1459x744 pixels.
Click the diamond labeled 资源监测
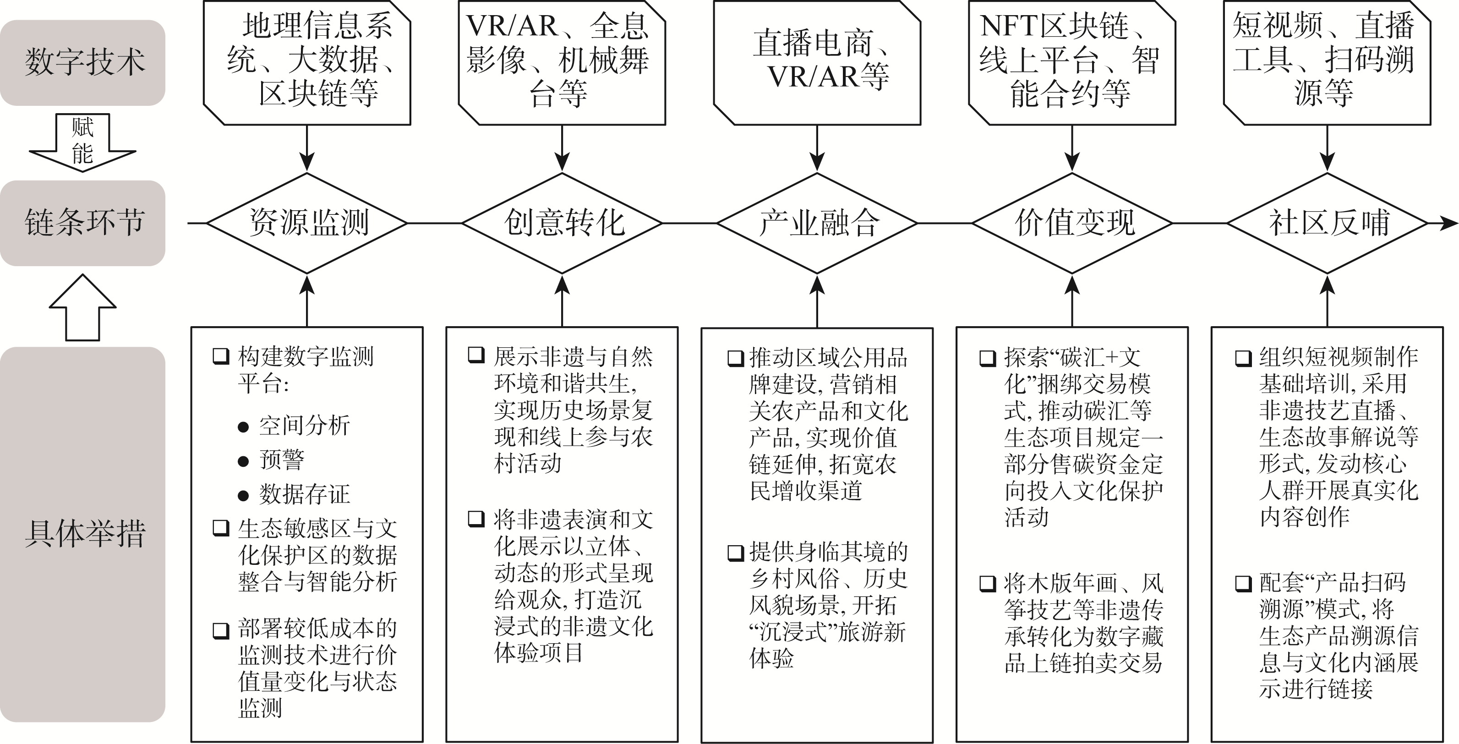click(307, 223)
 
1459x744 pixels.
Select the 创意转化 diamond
click(562, 223)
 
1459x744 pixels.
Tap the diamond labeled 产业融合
click(817, 223)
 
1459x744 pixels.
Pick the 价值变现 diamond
click(1072, 223)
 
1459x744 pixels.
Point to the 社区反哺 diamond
click(1327, 223)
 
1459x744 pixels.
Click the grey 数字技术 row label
click(83, 62)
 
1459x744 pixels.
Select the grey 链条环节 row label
click(83, 223)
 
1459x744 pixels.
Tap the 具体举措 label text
click(85, 533)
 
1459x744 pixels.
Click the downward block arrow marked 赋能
click(83, 142)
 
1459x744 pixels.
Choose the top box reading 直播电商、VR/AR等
click(817, 62)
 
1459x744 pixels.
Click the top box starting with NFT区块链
click(1072, 62)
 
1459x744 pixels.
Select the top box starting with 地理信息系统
click(307, 62)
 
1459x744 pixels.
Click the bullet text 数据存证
click(304, 494)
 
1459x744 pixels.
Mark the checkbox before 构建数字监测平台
click(220, 356)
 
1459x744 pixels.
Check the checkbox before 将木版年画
click(987, 583)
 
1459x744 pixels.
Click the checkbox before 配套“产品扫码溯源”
click(1243, 583)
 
